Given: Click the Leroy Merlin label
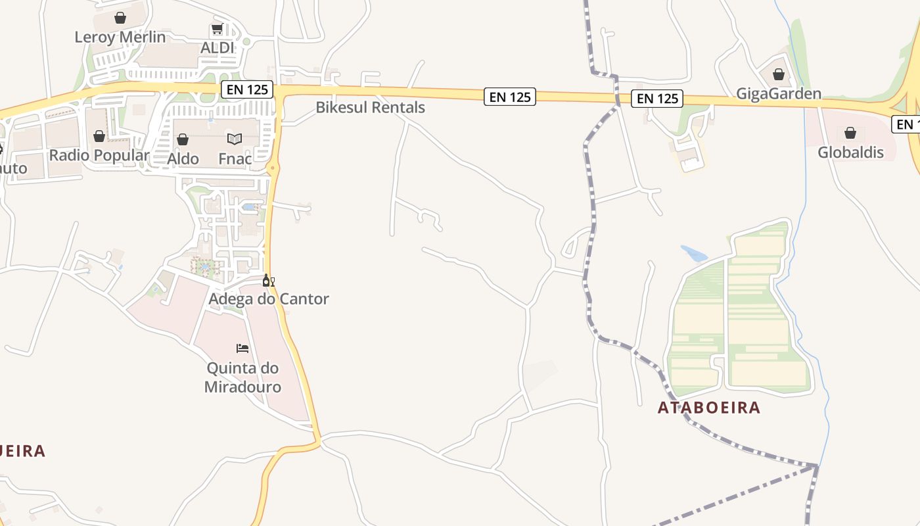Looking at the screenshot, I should [x=120, y=37].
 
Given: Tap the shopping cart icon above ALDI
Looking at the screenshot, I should [x=217, y=30].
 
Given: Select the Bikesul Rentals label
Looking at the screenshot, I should [x=370, y=107].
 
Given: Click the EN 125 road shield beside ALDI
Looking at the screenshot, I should [x=247, y=89].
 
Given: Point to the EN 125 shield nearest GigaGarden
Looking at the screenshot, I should [x=657, y=99].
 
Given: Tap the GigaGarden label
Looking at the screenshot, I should [x=779, y=93].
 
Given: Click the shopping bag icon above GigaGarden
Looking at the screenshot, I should [x=779, y=74].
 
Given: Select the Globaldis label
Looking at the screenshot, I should [x=850, y=153].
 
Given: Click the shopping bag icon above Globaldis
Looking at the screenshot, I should [x=850, y=133].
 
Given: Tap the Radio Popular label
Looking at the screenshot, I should [x=99, y=156].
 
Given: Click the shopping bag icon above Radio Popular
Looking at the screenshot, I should [x=99, y=136].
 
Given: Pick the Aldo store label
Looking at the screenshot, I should [x=183, y=158].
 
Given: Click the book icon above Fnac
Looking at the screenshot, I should [x=235, y=139].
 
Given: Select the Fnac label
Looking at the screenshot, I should [x=235, y=158].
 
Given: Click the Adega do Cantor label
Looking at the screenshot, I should [x=269, y=299].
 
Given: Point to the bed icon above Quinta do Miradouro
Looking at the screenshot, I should [x=242, y=348].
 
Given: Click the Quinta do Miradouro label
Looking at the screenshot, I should [x=242, y=377].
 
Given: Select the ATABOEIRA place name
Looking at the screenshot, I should [x=709, y=408].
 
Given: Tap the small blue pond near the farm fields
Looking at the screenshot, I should [x=694, y=254].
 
